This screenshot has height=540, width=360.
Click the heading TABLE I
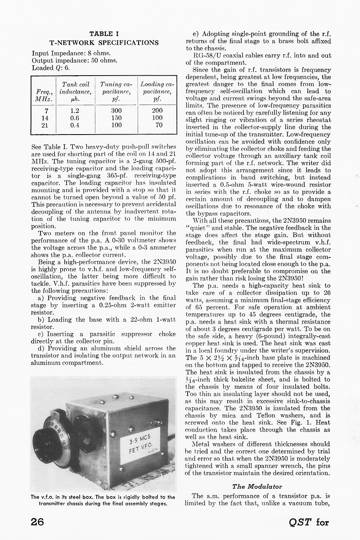click(x=104, y=34)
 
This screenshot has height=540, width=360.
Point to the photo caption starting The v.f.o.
click(x=103, y=500)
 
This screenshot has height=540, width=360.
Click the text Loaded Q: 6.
click(x=51, y=68)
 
